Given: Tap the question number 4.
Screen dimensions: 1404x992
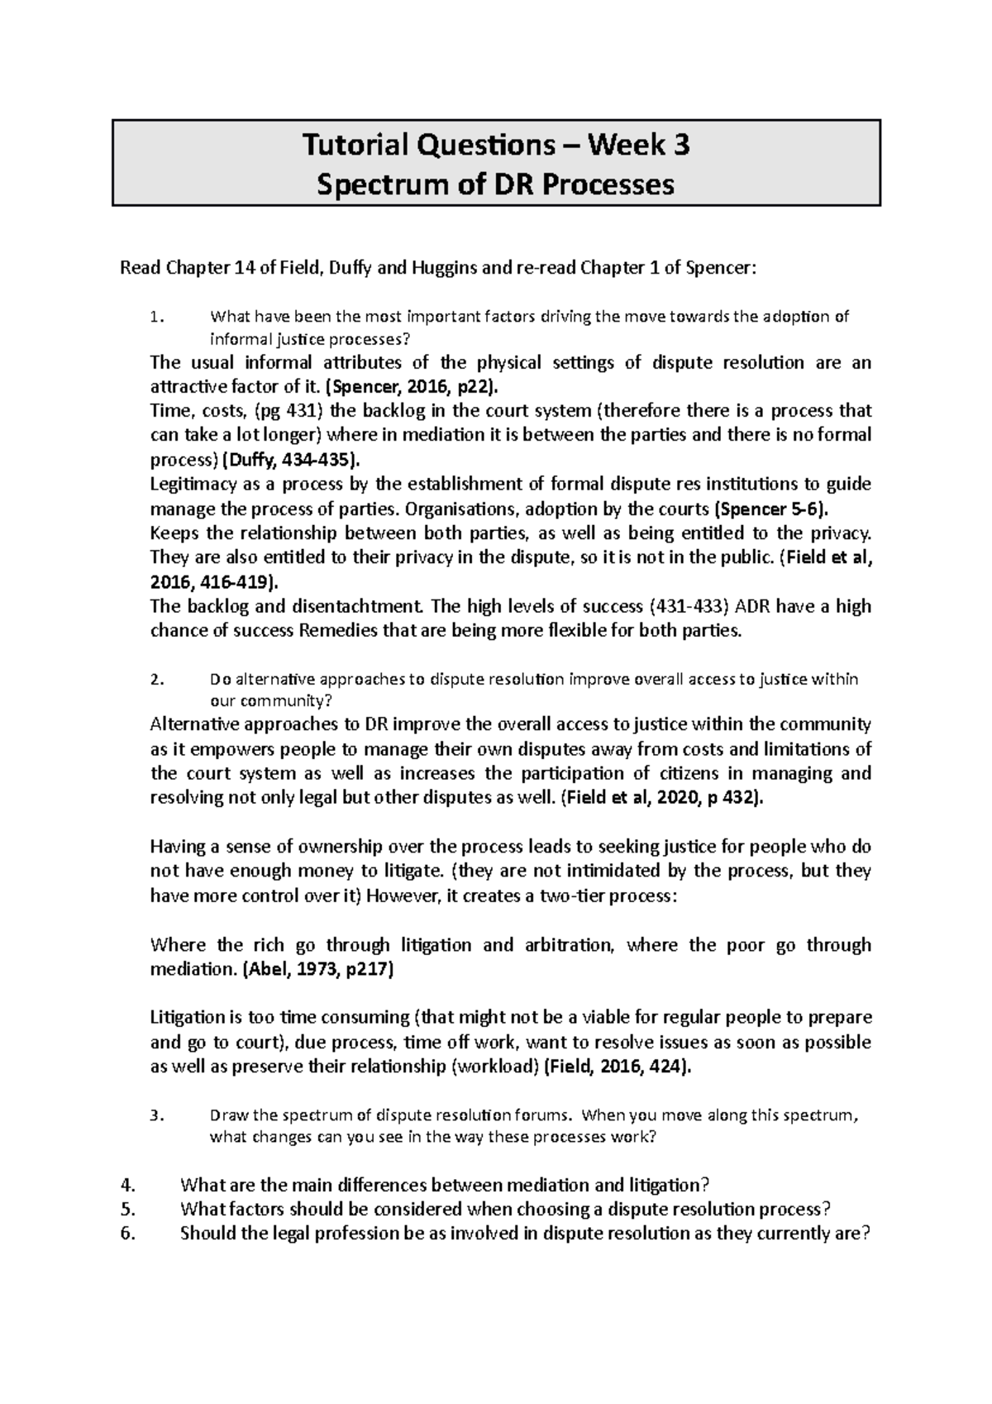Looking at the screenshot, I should (126, 1185).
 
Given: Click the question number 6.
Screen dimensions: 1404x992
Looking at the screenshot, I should (126, 1234).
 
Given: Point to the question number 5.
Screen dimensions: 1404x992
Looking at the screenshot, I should (126, 1209).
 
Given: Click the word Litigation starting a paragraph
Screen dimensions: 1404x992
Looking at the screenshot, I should (187, 1018).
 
